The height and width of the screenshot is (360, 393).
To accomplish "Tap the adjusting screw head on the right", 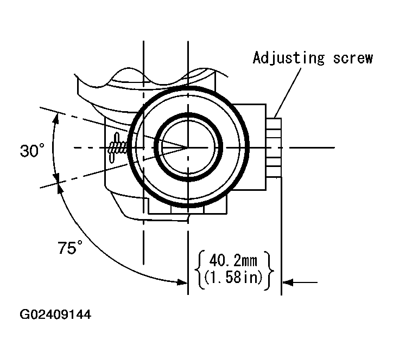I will click(x=274, y=147).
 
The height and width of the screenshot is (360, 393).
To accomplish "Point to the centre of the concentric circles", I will click(x=188, y=147).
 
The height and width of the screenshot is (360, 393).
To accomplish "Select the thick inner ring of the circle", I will click(x=188, y=115).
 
